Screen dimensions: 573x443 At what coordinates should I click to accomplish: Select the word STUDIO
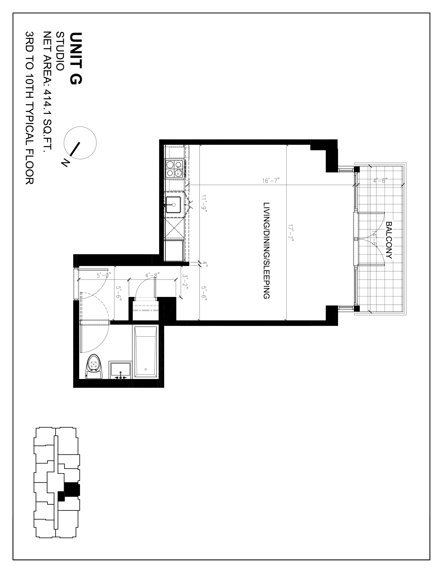point(60,51)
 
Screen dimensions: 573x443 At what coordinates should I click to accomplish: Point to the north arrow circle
point(80,143)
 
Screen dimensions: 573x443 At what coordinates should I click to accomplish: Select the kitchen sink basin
point(173,205)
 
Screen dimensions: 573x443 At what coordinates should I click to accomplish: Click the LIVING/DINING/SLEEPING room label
point(266,251)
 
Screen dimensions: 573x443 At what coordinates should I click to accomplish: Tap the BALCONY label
point(389,240)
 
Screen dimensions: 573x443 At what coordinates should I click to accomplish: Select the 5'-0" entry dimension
point(104,275)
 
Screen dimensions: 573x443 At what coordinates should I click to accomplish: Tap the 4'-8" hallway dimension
point(152,275)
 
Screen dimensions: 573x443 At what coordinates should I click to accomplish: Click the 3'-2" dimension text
point(185,282)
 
